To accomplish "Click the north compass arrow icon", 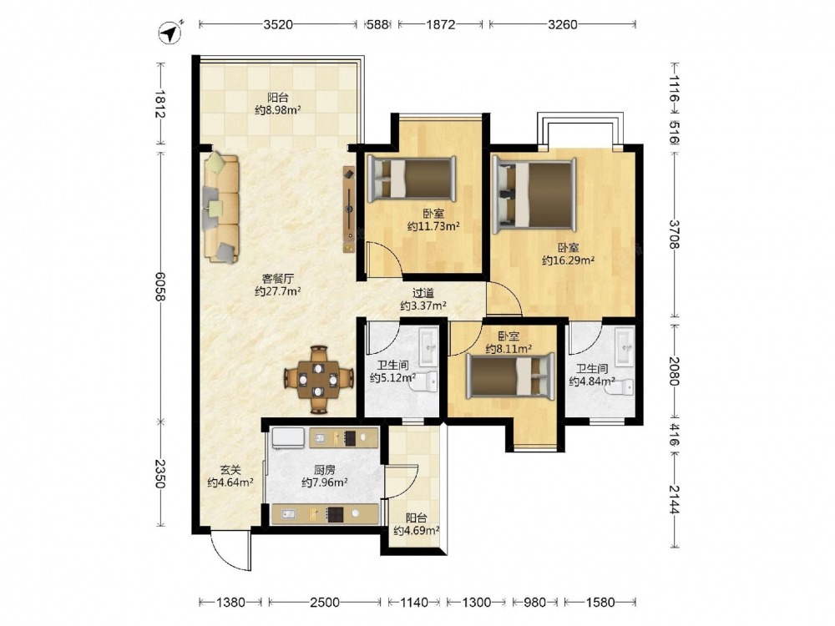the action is pos(170,33).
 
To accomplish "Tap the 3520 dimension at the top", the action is pos(278,24).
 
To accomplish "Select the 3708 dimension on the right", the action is pos(674,235).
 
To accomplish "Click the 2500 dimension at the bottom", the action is pos(324,602).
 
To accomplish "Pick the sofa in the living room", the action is pos(221,208).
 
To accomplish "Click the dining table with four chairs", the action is pos(318,379).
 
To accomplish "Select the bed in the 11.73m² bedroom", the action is pos(412,179).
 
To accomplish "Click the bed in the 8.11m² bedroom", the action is pos(511,376).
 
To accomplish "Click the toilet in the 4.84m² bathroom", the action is pos(623,386).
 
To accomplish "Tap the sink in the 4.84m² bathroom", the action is pos(625,346).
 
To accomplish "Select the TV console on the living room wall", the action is pos(349,210).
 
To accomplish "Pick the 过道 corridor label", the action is pos(423,293).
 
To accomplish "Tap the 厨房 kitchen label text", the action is pos(324,470).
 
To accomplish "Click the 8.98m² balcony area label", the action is pos(277,110).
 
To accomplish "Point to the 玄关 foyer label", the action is pos(230,470).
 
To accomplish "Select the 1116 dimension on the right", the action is pos(674,90).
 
